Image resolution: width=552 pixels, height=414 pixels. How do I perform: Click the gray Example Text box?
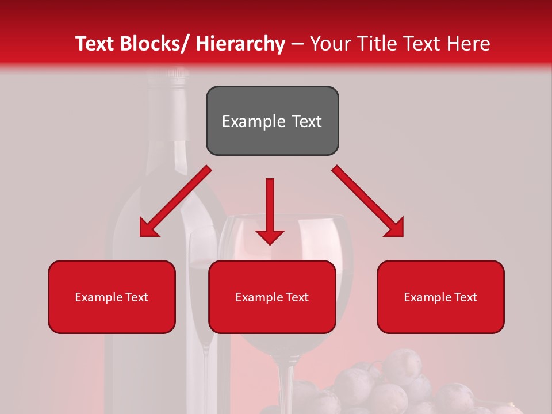click(272, 121)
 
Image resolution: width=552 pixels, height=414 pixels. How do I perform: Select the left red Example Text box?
click(112, 297)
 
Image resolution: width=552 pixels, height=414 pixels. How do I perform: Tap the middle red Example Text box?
click(272, 297)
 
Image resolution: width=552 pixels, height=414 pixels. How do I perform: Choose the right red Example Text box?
click(440, 297)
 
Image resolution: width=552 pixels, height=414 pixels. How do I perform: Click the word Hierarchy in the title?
click(240, 44)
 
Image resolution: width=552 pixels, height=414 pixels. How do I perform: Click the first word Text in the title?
click(97, 44)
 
